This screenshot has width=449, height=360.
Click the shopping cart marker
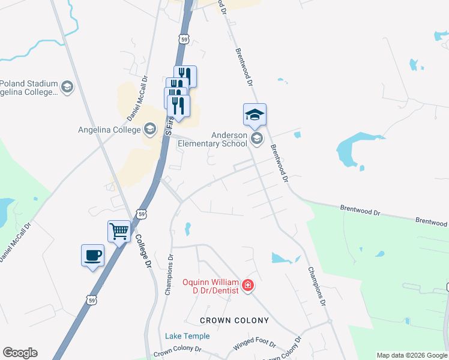(x=119, y=231)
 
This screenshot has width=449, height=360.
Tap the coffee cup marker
(x=92, y=256)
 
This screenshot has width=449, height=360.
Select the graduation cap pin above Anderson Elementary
(x=255, y=115)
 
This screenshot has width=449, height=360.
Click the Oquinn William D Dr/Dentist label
(x=211, y=286)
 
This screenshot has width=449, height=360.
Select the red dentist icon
(x=247, y=284)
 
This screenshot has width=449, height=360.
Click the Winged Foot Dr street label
(x=254, y=344)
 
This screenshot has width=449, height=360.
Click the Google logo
(x=20, y=353)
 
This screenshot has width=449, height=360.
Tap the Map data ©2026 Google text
(x=412, y=355)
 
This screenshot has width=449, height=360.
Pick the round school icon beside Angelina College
(x=150, y=129)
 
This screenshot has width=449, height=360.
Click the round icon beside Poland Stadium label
(x=67, y=88)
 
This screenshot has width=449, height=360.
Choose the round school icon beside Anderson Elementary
(x=257, y=139)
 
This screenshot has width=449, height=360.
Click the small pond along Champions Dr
(x=187, y=229)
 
